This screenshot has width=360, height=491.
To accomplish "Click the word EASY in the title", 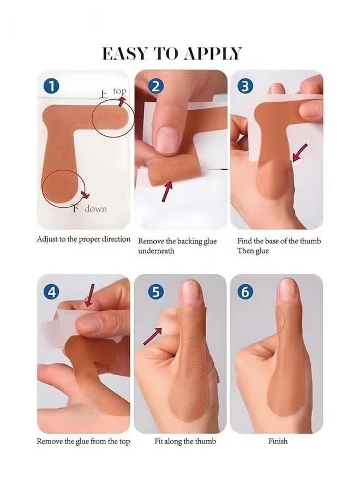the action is [x=124, y=53].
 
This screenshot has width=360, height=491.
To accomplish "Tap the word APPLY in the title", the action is [x=213, y=53].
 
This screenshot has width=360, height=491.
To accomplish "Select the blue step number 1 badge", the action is [x=51, y=86].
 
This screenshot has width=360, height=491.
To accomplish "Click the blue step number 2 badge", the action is [x=155, y=86].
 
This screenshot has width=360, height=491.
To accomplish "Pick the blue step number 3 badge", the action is [x=245, y=86].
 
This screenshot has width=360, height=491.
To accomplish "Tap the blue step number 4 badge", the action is [x=51, y=291].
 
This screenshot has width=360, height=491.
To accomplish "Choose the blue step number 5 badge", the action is [x=155, y=291].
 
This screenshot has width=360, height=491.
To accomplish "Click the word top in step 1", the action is [x=119, y=91].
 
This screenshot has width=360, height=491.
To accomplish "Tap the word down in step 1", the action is [x=95, y=208].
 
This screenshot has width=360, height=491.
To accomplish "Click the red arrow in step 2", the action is [x=167, y=191].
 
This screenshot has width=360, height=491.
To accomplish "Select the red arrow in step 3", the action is [x=299, y=153].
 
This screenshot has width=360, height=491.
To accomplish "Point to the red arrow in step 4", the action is [x=89, y=295].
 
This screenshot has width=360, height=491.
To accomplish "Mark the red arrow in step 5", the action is [x=153, y=336].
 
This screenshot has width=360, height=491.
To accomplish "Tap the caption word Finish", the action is [x=278, y=441].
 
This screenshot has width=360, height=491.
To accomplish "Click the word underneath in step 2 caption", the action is [x=156, y=251].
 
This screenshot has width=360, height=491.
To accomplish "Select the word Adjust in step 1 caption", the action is [x=47, y=239].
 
